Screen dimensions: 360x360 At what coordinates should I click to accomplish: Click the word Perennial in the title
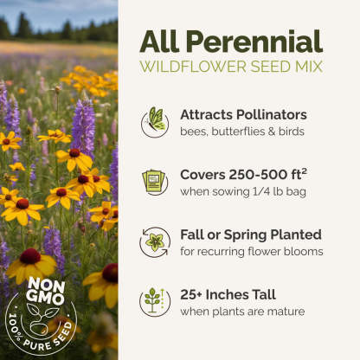tap(254, 42)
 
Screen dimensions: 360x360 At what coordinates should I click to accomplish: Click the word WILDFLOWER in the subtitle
tap(193, 67)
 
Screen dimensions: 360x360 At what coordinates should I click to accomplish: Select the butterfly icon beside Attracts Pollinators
tap(155, 122)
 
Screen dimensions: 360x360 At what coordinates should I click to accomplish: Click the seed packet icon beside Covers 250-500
tap(155, 182)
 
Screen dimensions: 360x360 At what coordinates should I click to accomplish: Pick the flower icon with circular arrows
tap(155, 242)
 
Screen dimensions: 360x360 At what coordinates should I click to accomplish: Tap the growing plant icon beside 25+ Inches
tap(155, 302)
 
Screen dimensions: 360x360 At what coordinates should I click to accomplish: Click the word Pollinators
tap(272, 115)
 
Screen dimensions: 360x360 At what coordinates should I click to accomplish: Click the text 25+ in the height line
tap(191, 295)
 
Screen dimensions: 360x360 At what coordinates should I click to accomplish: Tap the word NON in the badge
tap(47, 285)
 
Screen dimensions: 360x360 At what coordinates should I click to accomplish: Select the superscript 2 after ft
tap(304, 171)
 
